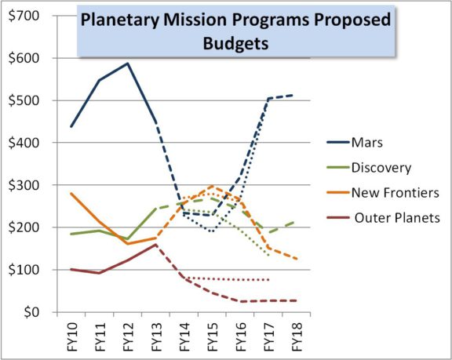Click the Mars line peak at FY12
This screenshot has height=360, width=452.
click(x=127, y=63)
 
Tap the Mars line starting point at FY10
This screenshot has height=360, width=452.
click(x=70, y=126)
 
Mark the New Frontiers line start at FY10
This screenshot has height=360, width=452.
click(x=70, y=193)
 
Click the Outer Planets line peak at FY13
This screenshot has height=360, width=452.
click(x=155, y=244)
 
